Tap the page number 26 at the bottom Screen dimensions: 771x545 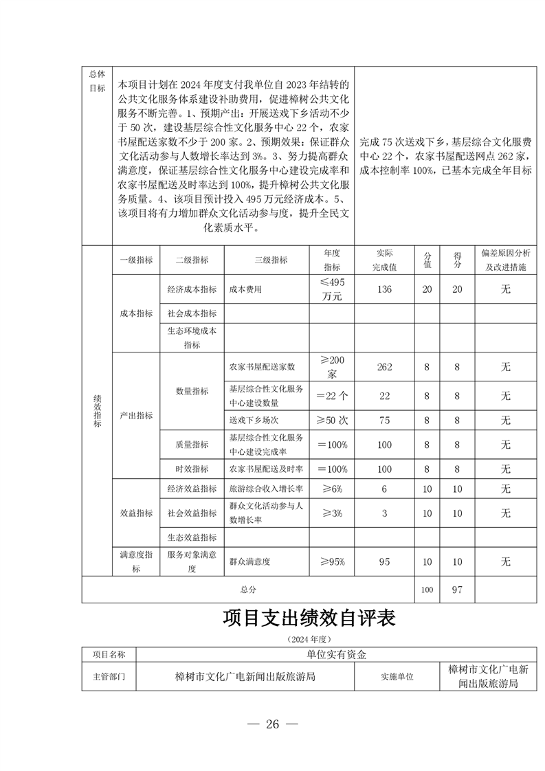coord(273,724)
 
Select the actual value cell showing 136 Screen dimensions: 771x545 coord(384,289)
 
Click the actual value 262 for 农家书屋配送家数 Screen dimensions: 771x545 coord(384,367)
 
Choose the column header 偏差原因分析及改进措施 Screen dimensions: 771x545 coord(505,260)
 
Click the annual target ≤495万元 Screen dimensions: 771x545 coord(332,289)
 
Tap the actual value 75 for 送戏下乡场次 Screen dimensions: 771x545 coord(384,420)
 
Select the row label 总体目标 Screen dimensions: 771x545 coord(97,80)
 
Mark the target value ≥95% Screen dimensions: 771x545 coord(332,561)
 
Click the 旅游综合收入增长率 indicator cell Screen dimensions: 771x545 coord(266,489)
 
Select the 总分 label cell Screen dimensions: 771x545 coord(247,590)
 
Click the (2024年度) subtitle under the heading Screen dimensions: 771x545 coord(309,639)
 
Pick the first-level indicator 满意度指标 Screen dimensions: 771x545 coord(136,561)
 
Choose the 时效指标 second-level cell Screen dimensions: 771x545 coord(192,469)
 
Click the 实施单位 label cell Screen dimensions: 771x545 coord(397,676)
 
